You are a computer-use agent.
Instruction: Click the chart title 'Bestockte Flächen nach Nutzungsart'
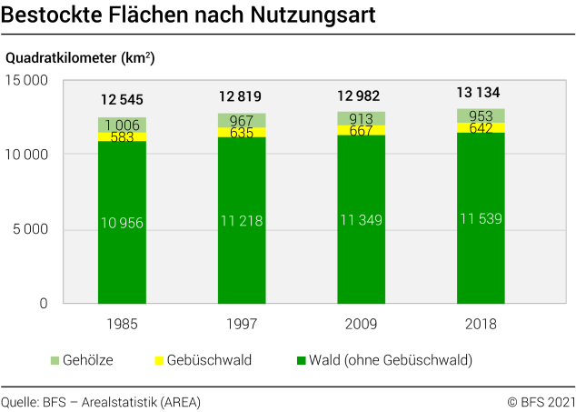point(189,17)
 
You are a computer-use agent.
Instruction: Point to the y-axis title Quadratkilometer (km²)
point(80,58)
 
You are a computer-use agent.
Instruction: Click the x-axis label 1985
point(122,324)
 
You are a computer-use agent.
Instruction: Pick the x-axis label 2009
point(361,324)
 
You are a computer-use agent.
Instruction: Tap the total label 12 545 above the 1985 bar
point(122,99)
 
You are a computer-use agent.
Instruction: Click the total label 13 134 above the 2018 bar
point(480,92)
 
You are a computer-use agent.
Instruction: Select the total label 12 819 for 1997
point(242,96)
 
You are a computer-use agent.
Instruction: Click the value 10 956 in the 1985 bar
point(122,223)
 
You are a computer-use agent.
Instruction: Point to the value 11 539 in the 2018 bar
point(481,219)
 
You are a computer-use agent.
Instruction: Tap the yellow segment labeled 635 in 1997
point(242,133)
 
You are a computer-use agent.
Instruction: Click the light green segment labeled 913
point(361,118)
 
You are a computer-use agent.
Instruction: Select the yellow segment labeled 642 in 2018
point(481,128)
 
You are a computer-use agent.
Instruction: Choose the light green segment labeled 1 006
point(122,125)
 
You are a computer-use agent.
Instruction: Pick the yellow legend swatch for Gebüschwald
point(160,361)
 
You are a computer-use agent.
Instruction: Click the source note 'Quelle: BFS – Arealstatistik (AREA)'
point(101,401)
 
